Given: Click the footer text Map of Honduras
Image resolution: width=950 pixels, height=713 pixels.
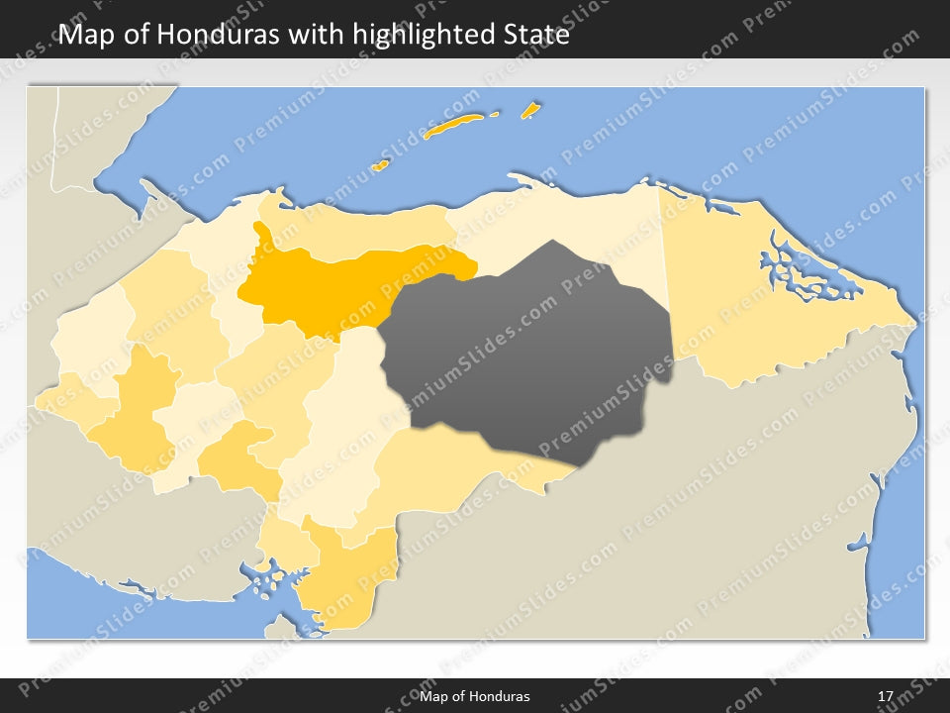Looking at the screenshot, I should [x=482, y=696].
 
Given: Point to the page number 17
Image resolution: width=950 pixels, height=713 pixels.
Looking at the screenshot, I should [x=886, y=696].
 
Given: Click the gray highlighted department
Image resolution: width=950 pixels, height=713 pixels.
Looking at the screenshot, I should [x=534, y=347].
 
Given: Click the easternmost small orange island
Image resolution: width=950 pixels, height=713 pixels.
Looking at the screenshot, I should [x=530, y=109].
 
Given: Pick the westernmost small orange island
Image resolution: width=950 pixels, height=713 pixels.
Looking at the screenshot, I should [x=379, y=165].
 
